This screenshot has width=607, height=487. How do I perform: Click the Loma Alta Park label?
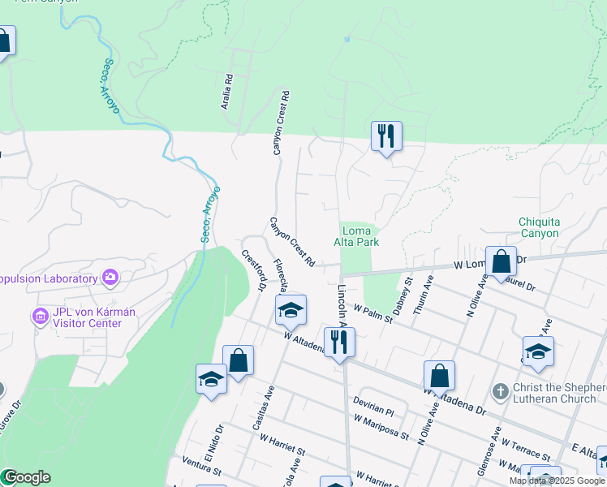pyautogui.click(x=356, y=235)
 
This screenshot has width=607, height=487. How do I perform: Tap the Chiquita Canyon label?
pyautogui.click(x=539, y=227)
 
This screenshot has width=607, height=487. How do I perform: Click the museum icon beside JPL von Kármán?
pyautogui.click(x=37, y=315)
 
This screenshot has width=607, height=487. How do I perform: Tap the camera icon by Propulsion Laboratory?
pyautogui.click(x=110, y=278)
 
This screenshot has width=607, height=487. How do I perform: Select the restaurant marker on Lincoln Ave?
pyautogui.click(x=338, y=343)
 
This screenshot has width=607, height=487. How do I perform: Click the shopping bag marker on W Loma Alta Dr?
pyautogui.click(x=502, y=262)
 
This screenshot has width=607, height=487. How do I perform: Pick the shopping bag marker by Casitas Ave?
pyautogui.click(x=238, y=360)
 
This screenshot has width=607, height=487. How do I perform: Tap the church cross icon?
pyautogui.click(x=500, y=391)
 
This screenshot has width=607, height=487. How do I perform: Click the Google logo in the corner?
pyautogui.click(x=26, y=477)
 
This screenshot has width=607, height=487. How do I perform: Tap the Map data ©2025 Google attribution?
pyautogui.click(x=557, y=481)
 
